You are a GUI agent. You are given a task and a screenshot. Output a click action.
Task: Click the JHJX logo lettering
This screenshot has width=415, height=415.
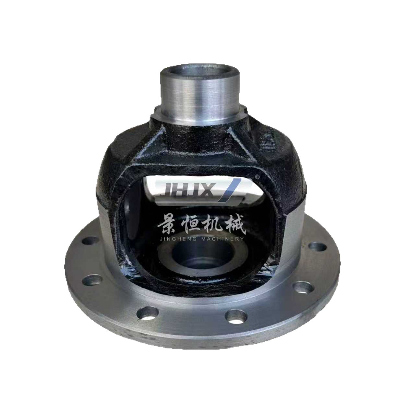coord(191,190)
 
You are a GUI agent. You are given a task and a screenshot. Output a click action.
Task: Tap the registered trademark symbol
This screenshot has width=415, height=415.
coord(257,177)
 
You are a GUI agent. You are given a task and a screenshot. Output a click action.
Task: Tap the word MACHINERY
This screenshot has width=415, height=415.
coord(223,239)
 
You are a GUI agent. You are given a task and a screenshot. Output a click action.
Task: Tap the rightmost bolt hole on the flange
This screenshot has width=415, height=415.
coord(317,246)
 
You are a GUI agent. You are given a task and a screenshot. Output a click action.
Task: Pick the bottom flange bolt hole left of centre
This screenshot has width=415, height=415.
coord(147,313)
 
